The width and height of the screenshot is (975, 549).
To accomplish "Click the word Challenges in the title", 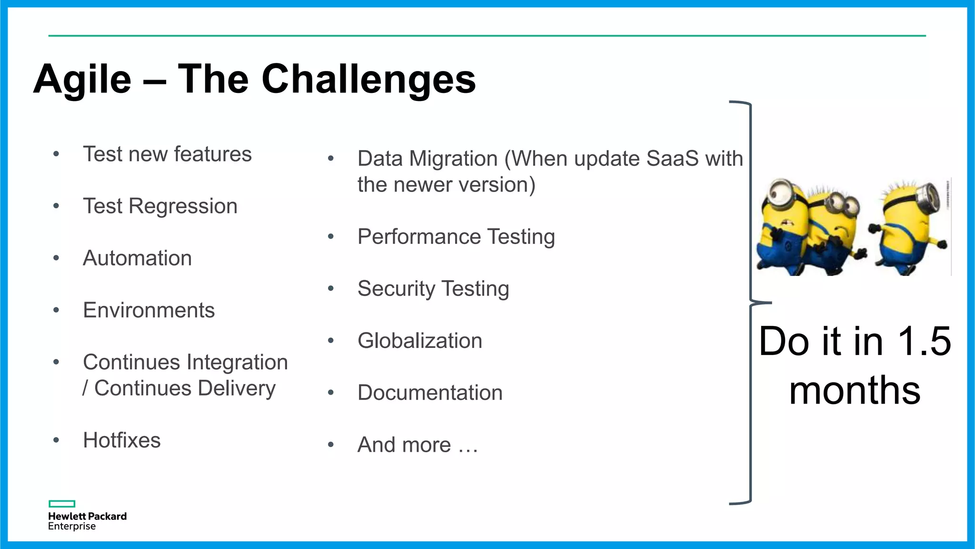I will coord(368,79).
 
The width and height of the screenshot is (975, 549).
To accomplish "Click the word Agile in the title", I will coord(82,79).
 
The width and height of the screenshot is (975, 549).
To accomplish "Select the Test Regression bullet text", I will coord(160,206).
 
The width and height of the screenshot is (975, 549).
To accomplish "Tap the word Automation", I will coord(137,258).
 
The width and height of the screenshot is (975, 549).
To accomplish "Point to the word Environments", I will coord(149,310).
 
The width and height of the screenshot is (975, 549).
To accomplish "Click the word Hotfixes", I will coord(122,440).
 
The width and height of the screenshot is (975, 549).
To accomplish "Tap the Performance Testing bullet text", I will coord(456,237).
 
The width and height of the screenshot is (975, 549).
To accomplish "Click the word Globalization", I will coord(420,341).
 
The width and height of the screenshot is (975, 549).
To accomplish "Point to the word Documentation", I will coord(430,393).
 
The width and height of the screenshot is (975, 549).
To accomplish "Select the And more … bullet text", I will coord(418,445).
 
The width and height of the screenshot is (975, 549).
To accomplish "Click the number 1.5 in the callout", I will coord(924,341).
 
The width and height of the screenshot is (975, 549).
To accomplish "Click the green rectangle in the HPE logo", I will coord(62,504).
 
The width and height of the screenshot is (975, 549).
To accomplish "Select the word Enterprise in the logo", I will coord(72,527).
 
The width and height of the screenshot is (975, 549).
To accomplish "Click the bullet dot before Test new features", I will coord(56,154).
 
